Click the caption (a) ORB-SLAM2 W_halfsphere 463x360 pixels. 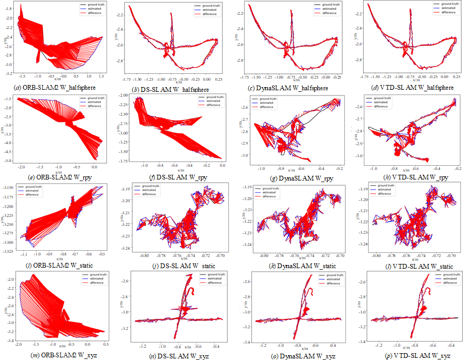click(x=54, y=88)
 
